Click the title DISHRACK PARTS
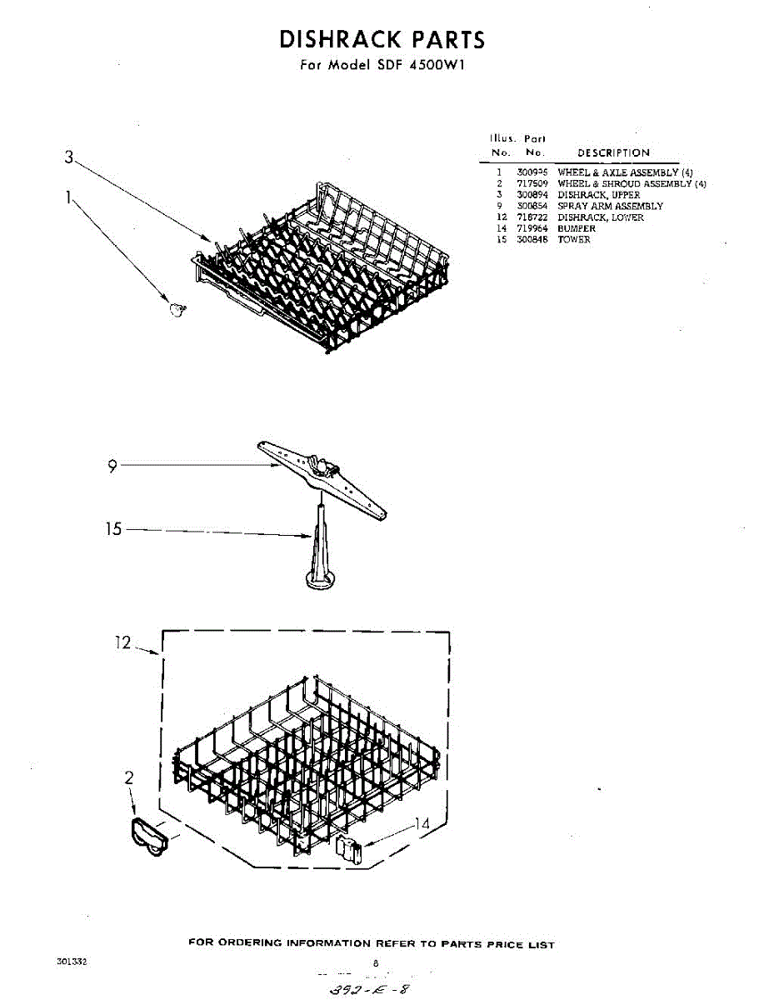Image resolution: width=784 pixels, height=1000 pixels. point(382,39)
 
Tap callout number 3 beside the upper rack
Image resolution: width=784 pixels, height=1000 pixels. point(70,157)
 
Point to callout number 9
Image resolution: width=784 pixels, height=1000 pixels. point(112,467)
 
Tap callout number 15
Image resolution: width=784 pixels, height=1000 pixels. point(114,529)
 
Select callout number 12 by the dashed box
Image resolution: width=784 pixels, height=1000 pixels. point(123,642)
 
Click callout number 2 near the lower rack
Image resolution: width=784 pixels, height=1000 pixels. point(129,778)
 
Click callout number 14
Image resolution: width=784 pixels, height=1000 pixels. point(422,824)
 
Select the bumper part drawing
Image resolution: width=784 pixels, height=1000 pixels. point(348,852)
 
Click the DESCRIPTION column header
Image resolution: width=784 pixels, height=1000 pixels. point(614,153)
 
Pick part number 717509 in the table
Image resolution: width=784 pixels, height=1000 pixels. point(532,183)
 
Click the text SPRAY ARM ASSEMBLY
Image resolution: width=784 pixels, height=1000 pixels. point(610,206)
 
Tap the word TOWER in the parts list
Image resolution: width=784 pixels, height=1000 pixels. point(573,240)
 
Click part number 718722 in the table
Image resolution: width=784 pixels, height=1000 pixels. point(532,217)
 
